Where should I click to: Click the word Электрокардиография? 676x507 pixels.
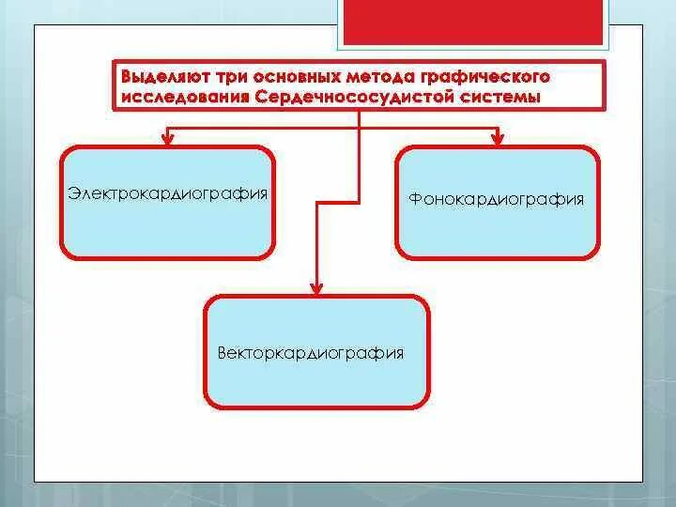coord(168,193)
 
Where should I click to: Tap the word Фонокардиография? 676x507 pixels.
coord(497,199)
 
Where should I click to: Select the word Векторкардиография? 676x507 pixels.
coord(311,353)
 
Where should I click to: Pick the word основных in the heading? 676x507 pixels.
coord(278,75)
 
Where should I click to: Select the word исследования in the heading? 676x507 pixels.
coord(179,97)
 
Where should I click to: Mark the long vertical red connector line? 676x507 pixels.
coord(359,188)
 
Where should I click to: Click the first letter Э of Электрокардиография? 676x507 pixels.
coord(72,193)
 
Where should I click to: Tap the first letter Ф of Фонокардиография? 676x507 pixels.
coord(414,199)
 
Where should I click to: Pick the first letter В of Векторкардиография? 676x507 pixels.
coord(222,353)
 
